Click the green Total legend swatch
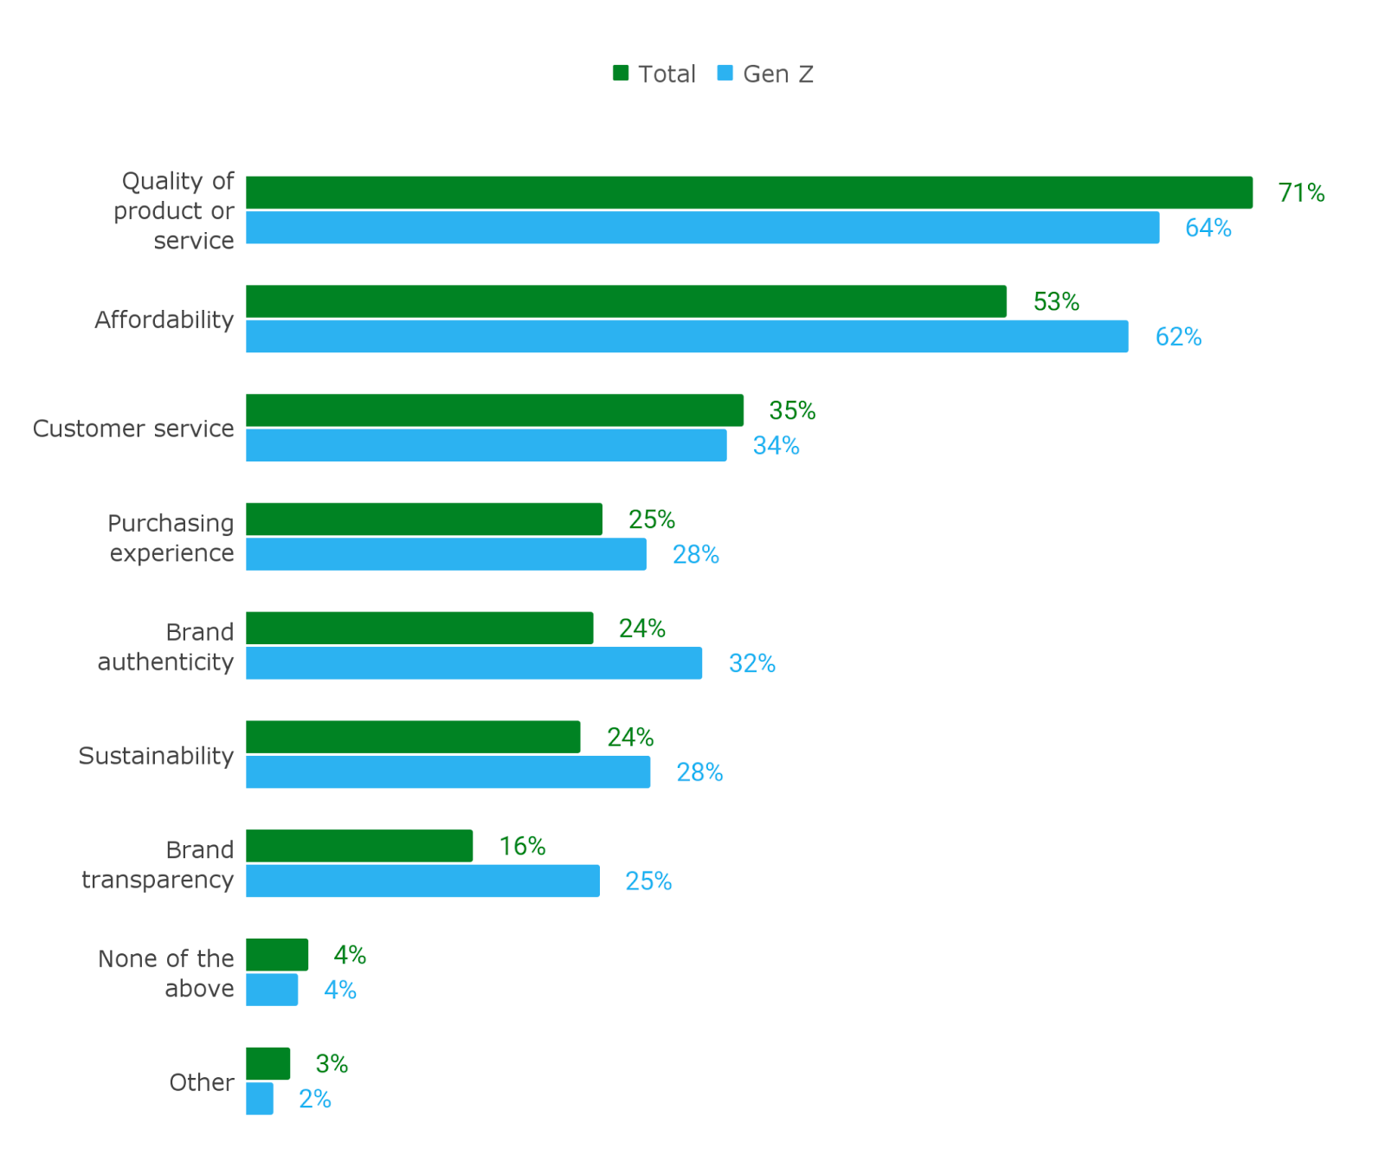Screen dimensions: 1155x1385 [621, 74]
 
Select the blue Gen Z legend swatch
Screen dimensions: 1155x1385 [725, 74]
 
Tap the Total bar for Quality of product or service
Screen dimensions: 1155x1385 [749, 193]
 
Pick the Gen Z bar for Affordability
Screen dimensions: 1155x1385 [686, 337]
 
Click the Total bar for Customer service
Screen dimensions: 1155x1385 [494, 410]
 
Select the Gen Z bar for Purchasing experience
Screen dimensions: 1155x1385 [446, 554]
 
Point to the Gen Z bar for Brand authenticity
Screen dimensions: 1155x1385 [473, 663]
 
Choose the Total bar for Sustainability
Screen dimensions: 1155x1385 [413, 738]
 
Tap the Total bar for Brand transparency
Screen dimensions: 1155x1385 [359, 846]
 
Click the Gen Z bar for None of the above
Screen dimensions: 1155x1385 [272, 990]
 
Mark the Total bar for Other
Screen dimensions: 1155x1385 [267, 1064]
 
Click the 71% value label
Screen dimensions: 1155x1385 [1301, 193]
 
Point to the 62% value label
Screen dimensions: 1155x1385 [1178, 337]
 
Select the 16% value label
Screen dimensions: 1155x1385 [522, 846]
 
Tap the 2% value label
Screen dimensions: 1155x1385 [314, 1099]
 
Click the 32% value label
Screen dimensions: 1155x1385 [751, 663]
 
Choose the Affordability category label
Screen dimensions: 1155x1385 [164, 319]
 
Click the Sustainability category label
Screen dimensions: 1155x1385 [156, 756]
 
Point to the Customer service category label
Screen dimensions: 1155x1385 [133, 429]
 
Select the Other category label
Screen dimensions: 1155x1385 [201, 1082]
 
